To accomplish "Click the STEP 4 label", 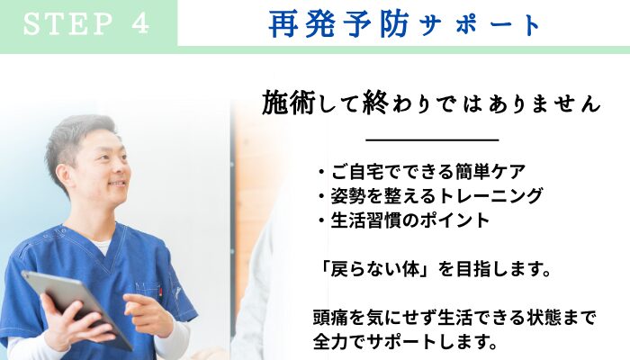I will coord(86,23).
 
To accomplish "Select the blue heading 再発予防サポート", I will coord(405,24).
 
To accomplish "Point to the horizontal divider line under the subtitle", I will coord(433,140).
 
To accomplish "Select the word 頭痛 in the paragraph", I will coord(328,319).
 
